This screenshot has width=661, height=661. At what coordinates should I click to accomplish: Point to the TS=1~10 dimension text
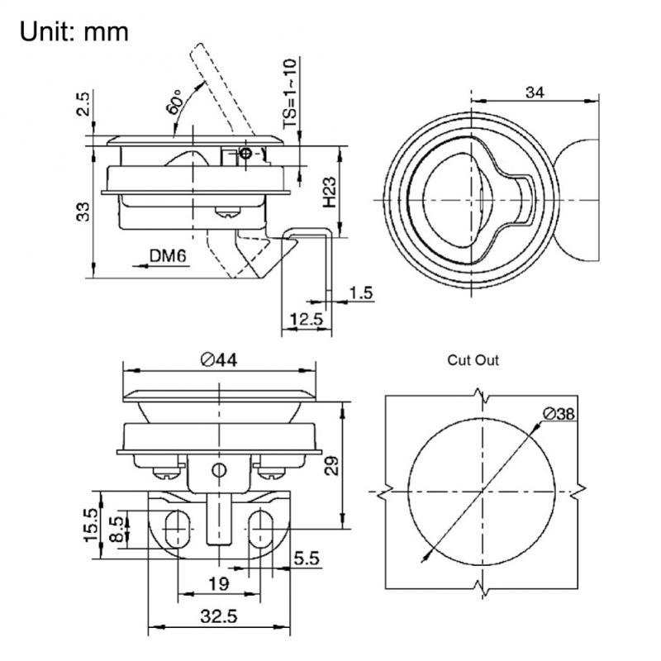[289, 93]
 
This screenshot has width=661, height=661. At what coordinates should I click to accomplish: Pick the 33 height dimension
[81, 212]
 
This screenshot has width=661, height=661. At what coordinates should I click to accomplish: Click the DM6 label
[169, 257]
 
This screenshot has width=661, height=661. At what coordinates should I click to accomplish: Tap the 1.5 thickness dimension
[361, 292]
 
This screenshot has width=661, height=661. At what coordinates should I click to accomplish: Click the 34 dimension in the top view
[535, 93]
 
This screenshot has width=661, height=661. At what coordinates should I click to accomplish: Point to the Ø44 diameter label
[219, 359]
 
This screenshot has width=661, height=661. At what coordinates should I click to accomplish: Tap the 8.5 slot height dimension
[117, 528]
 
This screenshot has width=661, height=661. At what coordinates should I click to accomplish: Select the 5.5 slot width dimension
[306, 559]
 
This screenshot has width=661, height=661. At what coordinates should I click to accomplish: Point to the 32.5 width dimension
[219, 616]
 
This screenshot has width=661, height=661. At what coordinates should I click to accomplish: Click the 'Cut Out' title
[473, 360]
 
